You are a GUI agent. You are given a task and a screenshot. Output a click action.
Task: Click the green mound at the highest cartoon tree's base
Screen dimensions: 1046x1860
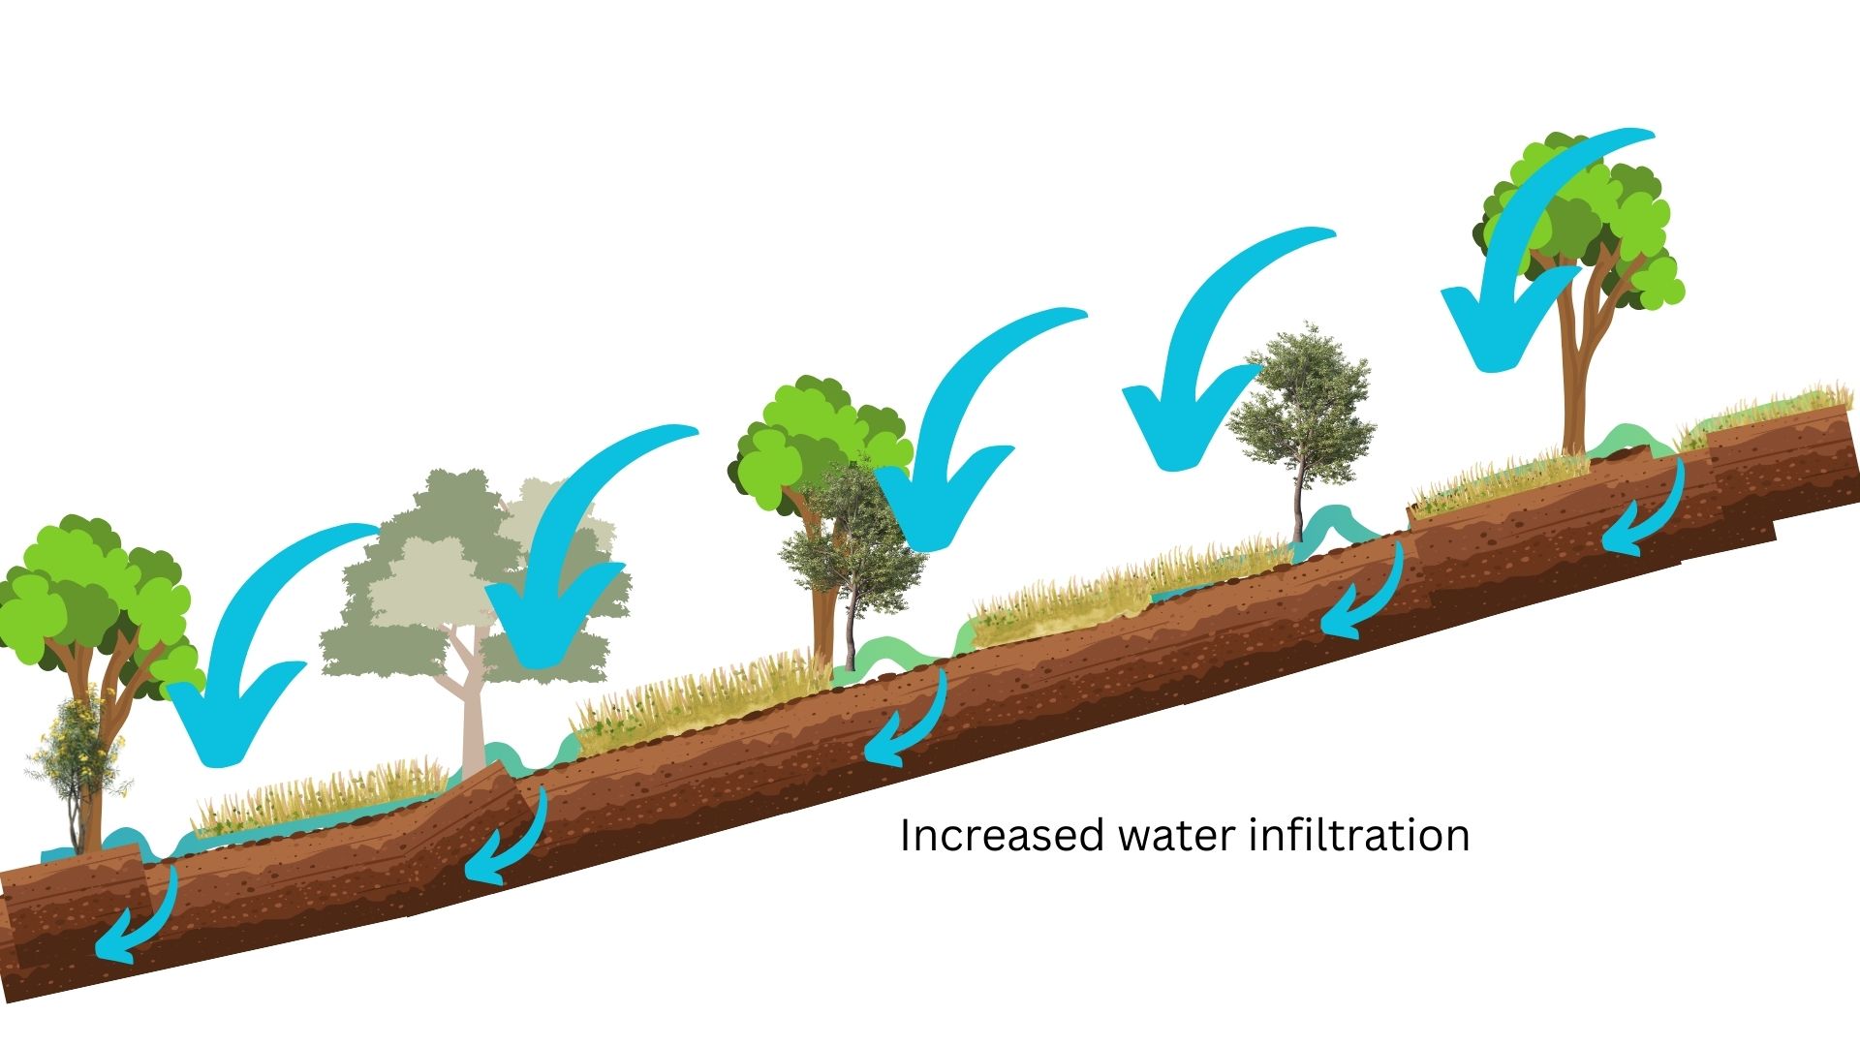coord(1627,441)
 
